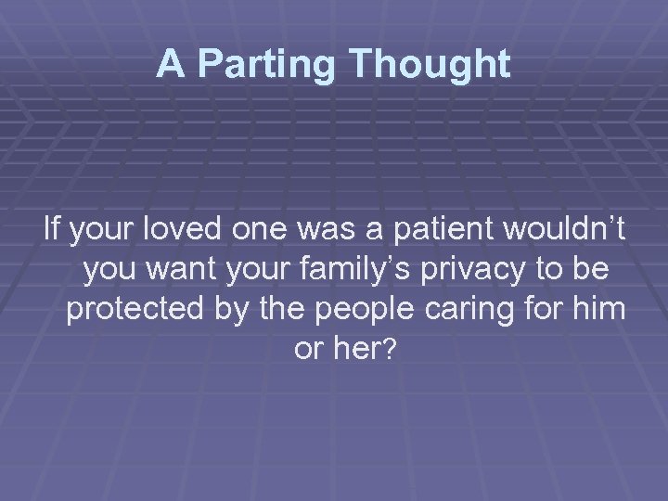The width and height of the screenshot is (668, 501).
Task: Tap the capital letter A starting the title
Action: [x=170, y=63]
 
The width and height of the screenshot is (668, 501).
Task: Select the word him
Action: [x=603, y=310]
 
